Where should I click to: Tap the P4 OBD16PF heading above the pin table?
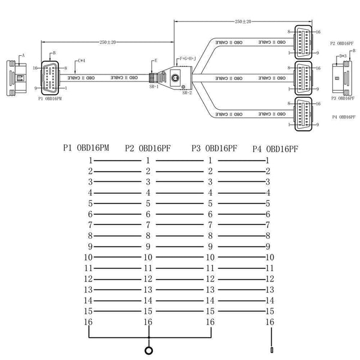275,148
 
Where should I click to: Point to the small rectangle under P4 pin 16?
272,349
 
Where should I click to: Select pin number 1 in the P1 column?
90,160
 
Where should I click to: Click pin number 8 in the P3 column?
210,236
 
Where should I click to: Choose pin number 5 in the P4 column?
268,203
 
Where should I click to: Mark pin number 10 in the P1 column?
88,257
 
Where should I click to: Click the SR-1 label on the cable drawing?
154,86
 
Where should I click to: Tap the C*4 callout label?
82,61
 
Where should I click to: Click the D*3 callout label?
343,56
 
